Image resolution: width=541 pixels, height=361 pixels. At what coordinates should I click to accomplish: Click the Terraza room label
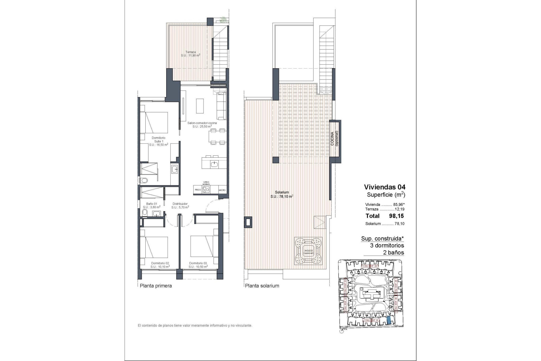(x=190, y=54)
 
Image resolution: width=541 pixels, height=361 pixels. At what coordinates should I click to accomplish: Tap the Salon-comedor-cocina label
(x=202, y=125)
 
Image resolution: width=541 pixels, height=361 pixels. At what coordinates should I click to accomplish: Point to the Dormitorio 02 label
(x=160, y=265)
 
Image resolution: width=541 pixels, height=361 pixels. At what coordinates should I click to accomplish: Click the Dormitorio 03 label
(x=198, y=265)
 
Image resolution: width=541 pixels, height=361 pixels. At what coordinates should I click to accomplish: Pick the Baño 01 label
(x=152, y=205)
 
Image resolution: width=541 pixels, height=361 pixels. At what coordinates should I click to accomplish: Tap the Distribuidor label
(x=180, y=205)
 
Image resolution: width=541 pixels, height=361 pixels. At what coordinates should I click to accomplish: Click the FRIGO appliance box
(x=198, y=190)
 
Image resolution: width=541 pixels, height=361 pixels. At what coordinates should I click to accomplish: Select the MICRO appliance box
(x=222, y=190)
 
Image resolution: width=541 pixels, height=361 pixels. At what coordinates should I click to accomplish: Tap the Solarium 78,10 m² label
(x=282, y=194)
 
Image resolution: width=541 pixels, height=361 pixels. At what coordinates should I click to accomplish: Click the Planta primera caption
(x=156, y=286)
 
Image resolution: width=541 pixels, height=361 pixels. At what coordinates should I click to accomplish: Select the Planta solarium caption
(x=262, y=286)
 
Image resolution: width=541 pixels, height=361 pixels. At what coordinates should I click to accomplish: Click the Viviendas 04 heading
(x=385, y=187)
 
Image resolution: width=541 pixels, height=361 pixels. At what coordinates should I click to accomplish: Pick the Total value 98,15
(x=396, y=216)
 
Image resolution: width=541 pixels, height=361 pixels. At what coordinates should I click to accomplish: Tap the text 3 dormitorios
(x=387, y=245)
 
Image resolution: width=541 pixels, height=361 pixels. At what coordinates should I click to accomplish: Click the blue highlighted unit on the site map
(x=389, y=320)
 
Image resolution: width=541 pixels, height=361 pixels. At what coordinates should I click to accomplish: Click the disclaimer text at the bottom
(x=195, y=325)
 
